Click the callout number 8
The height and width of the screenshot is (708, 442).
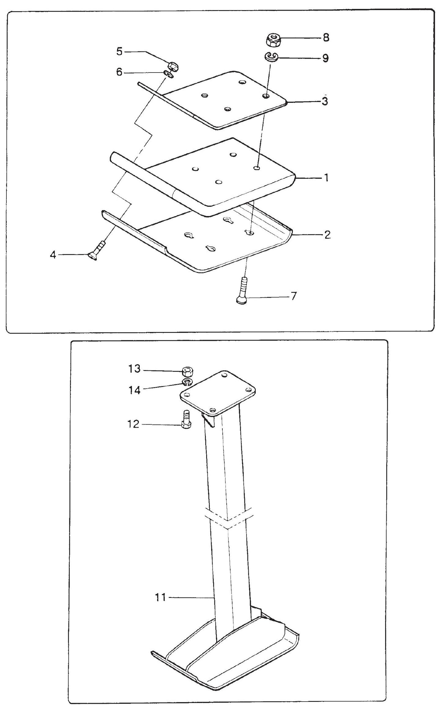click(326, 38)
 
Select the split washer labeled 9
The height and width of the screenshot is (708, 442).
click(271, 57)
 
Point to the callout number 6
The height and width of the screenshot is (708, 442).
click(119, 72)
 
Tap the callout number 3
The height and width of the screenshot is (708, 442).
click(325, 101)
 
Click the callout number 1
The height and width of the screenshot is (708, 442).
click(326, 177)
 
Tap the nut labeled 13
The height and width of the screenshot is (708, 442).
click(187, 372)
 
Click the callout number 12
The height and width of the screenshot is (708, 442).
click(133, 424)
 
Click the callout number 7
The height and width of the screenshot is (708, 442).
click(293, 296)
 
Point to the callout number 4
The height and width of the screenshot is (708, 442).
click(53, 255)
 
